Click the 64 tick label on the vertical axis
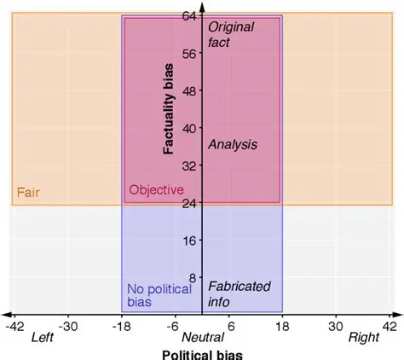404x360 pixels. pos(189,15)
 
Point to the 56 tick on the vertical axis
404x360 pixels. pos(189,53)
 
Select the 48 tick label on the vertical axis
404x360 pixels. pos(189,90)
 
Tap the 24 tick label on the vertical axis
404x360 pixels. pos(189,203)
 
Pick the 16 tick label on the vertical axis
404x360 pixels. pos(189,241)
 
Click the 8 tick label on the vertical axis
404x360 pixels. pos(193,278)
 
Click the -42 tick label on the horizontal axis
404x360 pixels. pos(14,326)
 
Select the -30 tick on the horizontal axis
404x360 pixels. pos(68,326)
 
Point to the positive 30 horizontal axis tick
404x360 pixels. pos(336,326)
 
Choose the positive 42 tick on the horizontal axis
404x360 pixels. pos(389,326)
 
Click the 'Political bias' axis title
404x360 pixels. pos(202,353)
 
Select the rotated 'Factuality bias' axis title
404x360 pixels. pos(169,113)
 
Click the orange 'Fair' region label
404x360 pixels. pos(28,193)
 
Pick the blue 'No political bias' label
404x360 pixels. pos(159,296)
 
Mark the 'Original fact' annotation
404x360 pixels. pos(231,34)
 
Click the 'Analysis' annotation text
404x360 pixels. pos(232,144)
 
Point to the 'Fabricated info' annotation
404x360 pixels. pos(239,295)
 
